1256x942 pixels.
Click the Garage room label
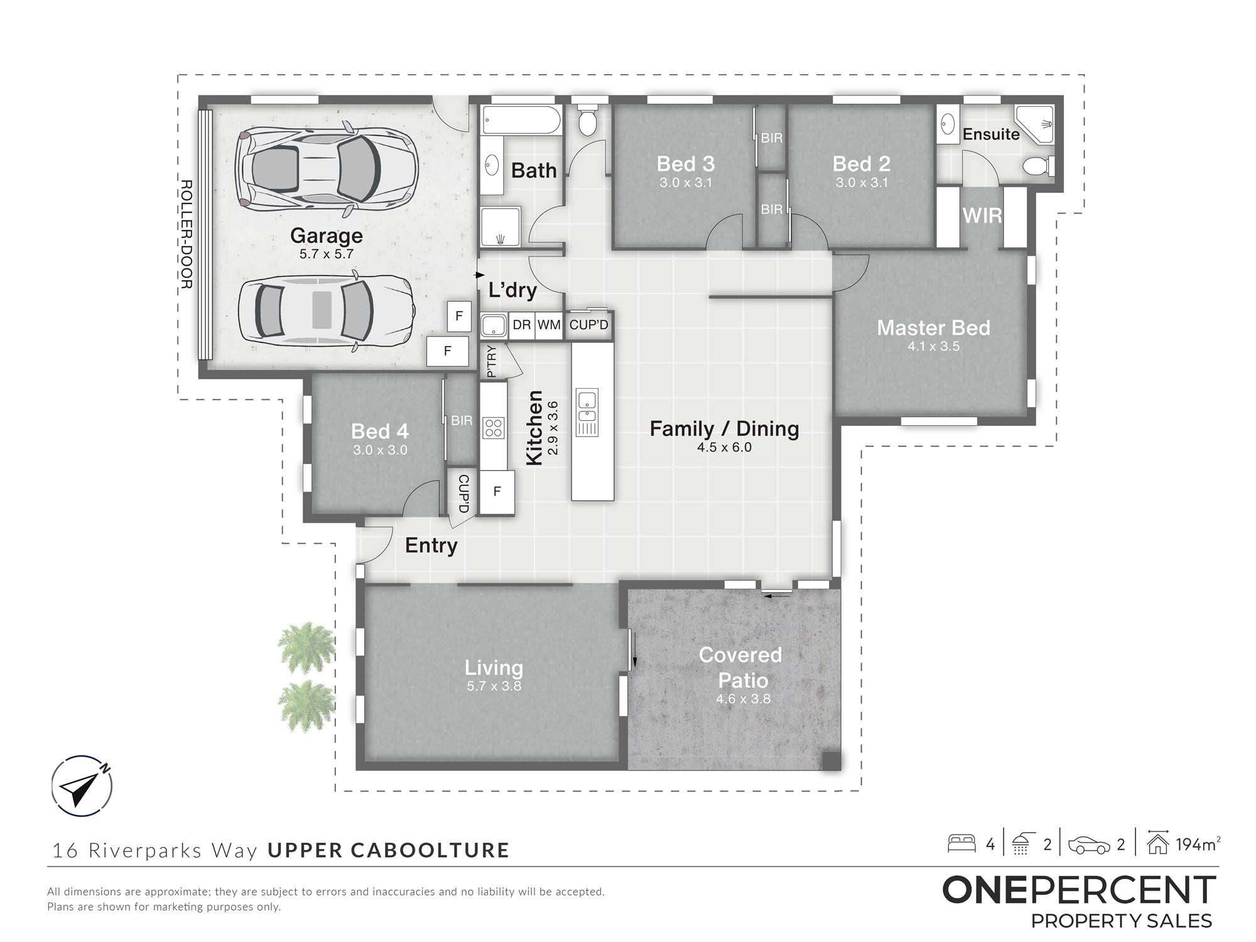[x=327, y=235]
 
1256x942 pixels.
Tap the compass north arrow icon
[x=82, y=786]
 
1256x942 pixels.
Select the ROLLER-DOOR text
[x=186, y=234]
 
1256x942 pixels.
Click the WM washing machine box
[x=549, y=325]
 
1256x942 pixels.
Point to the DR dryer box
[x=522, y=325]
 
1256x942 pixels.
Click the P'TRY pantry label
[x=491, y=361]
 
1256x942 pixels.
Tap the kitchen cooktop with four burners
[x=494, y=428]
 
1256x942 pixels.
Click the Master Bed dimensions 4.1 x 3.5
[x=933, y=346]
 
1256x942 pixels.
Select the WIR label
[x=982, y=215]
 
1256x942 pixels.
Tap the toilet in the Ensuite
[x=1038, y=166]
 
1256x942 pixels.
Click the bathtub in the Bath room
[x=521, y=119]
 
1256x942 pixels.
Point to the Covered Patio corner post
[x=831, y=761]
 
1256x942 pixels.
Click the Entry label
[x=431, y=545]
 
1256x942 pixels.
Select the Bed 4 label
[x=380, y=431]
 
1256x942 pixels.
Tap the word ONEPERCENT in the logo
[x=1079, y=890]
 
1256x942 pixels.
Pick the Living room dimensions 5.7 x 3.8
[x=494, y=686]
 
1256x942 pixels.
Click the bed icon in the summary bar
[x=961, y=843]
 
